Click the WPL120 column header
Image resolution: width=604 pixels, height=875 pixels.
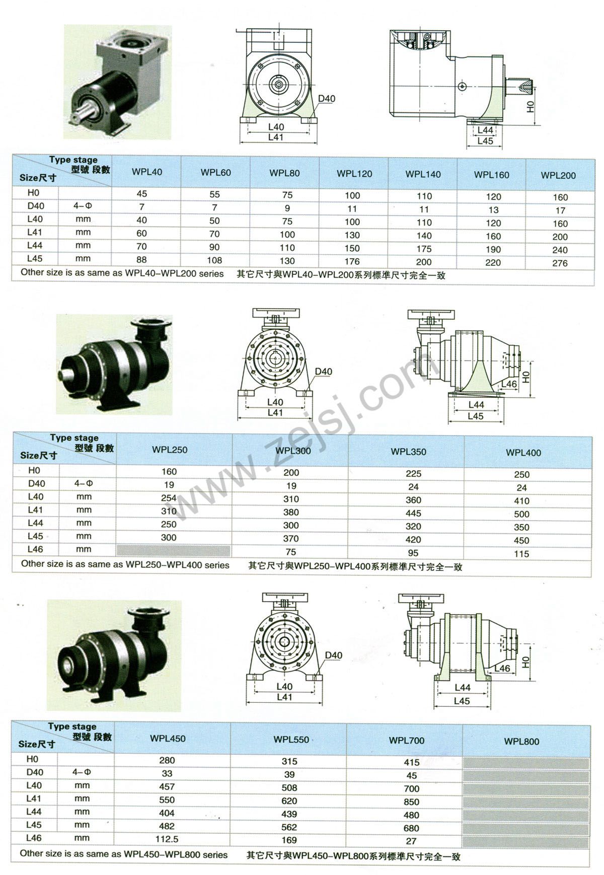tap(354, 174)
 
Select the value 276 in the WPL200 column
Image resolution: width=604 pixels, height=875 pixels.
tap(560, 263)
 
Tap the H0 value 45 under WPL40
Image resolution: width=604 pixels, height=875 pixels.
tap(142, 194)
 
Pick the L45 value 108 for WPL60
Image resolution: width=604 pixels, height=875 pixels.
tap(214, 260)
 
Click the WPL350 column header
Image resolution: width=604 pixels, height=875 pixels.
tap(408, 452)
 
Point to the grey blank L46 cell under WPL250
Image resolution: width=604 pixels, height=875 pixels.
tap(174, 550)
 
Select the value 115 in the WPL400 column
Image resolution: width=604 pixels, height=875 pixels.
tap(521, 554)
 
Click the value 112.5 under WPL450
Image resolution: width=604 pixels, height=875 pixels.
tap(167, 839)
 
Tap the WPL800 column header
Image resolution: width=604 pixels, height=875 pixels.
tap(521, 742)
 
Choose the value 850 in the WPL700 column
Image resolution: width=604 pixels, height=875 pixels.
tap(411, 801)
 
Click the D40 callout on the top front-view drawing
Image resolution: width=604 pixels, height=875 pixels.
tap(326, 99)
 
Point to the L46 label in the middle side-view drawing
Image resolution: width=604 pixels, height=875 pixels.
tap(509, 384)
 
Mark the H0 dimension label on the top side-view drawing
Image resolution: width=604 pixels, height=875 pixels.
tap(529, 106)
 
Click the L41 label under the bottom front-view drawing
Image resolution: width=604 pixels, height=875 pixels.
tap(284, 697)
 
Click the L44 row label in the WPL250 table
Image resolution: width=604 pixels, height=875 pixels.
tap(35, 523)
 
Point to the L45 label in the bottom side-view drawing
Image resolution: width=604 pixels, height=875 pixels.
tap(462, 701)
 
